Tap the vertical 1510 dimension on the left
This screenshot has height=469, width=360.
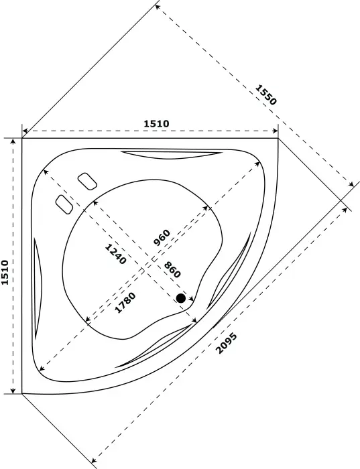click(x=6, y=273)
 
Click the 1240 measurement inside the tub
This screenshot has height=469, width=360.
click(x=115, y=253)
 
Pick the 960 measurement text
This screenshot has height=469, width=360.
click(x=162, y=238)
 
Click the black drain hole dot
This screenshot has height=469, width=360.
click(x=180, y=298)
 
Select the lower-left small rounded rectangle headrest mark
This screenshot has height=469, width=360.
click(x=64, y=204)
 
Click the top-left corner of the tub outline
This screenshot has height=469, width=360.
click(x=22, y=139)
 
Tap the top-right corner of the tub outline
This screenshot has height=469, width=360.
click(x=279, y=139)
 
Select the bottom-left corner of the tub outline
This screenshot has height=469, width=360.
click(x=22, y=393)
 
